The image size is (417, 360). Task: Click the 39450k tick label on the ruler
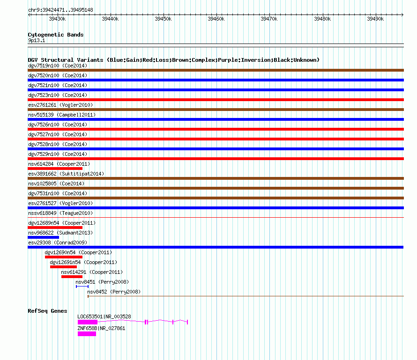pos(163,19)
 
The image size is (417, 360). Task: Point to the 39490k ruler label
pos(375,19)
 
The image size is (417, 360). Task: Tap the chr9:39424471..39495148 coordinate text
pos(60,10)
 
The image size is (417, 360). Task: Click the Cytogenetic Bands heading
pos(56,35)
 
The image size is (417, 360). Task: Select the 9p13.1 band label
pos(37,40)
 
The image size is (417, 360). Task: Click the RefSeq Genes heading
pos(47,311)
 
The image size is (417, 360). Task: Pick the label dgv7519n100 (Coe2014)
pos(58,66)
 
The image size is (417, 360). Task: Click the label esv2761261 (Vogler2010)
pos(60,105)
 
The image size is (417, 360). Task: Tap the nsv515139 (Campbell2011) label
pos(62,115)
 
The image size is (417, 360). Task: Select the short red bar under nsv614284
pos(55,169)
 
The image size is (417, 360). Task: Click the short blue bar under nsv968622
pos(44,237)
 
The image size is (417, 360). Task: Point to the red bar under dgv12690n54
pos(64,257)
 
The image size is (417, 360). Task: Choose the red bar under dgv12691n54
pos(63,267)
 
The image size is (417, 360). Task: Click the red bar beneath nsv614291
pos(72,277)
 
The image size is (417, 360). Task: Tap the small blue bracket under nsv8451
pos(82,287)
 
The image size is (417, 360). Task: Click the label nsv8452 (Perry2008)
pos(114,292)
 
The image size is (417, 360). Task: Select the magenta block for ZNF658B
pos(87,334)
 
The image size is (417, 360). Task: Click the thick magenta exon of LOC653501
pos(88,322)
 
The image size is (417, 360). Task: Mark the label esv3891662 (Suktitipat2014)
pos(66,174)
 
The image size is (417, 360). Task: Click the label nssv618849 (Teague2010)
pos(60,213)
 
